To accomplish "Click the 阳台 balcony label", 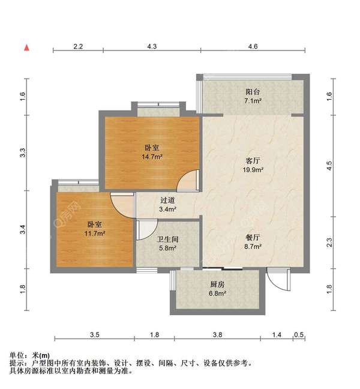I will pyautogui.click(x=252, y=92).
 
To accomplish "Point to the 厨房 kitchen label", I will pyautogui.click(x=217, y=285).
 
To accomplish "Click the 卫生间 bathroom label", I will pyautogui.click(x=167, y=239).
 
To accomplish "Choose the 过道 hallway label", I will pyautogui.click(x=167, y=201).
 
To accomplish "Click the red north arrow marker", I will pyautogui.click(x=26, y=47).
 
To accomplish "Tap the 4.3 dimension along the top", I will pyautogui.click(x=152, y=46).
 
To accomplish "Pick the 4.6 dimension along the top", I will pyautogui.click(x=253, y=46).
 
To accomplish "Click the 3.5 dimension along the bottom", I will pyautogui.click(x=94, y=335).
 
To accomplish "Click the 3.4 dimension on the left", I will pyautogui.click(x=22, y=230).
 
